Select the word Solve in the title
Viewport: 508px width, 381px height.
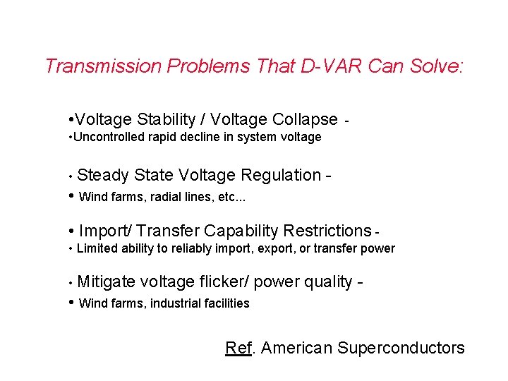(435, 66)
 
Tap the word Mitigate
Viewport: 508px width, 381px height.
(107, 282)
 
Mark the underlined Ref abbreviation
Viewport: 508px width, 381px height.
(238, 348)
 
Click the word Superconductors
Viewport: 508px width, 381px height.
(401, 348)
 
